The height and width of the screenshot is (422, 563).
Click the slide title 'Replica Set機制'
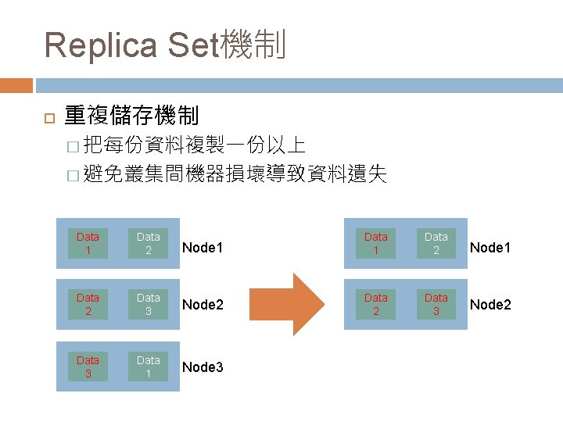[165, 45]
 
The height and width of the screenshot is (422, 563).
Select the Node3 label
[203, 367]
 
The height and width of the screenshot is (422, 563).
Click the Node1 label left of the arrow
[203, 248]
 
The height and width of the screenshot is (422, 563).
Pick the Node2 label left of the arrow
[203, 305]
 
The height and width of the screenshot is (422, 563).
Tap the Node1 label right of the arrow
[490, 248]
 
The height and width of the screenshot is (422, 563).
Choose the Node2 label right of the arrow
[490, 305]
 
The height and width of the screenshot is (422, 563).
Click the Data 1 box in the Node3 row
[149, 367]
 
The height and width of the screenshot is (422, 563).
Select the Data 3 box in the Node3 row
[88, 367]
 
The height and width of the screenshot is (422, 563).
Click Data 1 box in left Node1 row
[88, 243]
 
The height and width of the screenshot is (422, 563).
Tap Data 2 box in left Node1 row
[149, 243]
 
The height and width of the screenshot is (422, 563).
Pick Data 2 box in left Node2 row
[88, 304]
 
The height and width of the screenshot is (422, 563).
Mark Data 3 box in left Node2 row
[149, 304]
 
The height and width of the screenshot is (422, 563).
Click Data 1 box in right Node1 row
[375, 243]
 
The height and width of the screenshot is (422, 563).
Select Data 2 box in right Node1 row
[436, 243]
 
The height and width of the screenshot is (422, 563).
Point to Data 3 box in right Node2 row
[436, 304]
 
